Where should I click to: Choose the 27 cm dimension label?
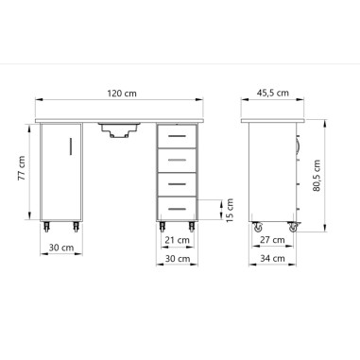point(272,241)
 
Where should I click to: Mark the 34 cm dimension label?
point(272,259)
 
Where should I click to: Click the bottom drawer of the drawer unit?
point(177,202)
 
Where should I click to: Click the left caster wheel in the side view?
point(255,228)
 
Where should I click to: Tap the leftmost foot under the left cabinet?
point(46,228)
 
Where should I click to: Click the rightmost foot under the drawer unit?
point(193,228)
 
